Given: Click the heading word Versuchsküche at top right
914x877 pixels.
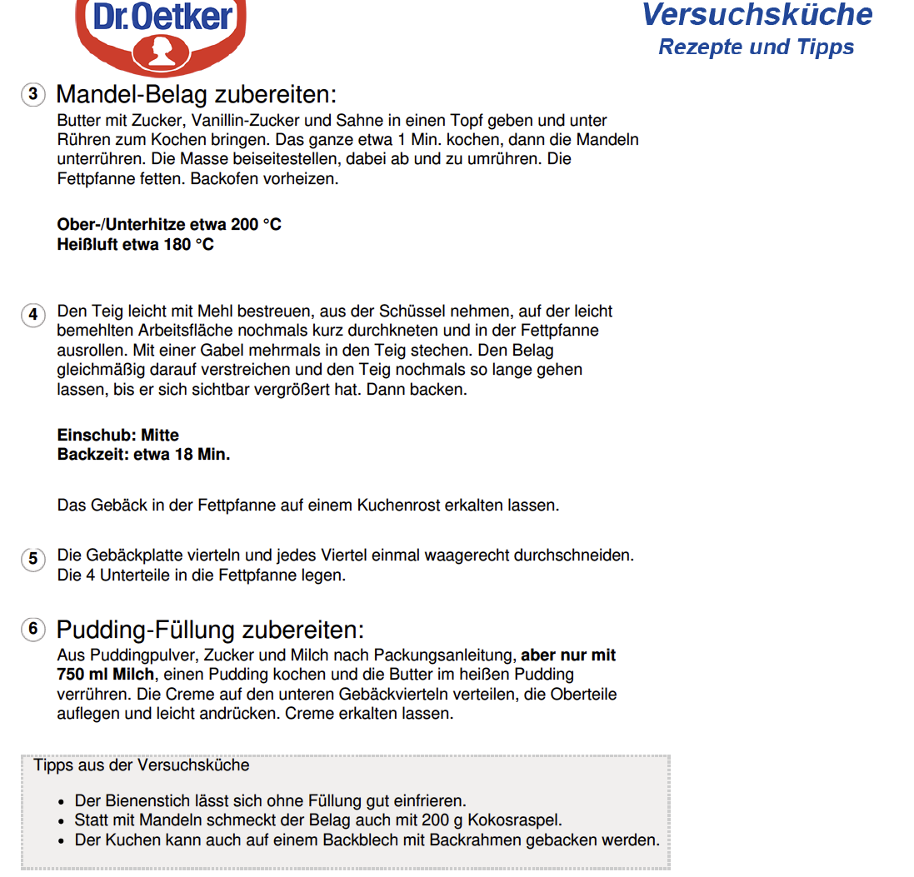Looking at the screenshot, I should tap(757, 14).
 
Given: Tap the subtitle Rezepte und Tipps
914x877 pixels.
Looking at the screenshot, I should tap(756, 47).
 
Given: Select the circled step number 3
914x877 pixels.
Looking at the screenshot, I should tap(32, 94).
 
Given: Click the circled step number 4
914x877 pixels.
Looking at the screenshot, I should tap(32, 315).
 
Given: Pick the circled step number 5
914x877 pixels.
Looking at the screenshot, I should tap(32, 559).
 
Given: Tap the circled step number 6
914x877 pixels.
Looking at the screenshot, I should tap(32, 629).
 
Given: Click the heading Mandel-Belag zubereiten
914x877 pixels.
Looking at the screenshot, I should tap(196, 94).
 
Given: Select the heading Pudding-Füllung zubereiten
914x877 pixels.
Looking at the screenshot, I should tap(210, 630).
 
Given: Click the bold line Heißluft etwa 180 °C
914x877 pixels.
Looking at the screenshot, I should tap(135, 245).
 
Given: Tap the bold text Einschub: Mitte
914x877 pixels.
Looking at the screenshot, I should tap(117, 435).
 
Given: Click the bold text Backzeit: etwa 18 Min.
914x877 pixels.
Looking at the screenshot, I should tap(143, 455).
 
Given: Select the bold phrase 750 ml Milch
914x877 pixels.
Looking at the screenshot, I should tap(106, 674).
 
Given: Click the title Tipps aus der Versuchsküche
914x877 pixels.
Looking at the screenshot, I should tap(141, 765).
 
